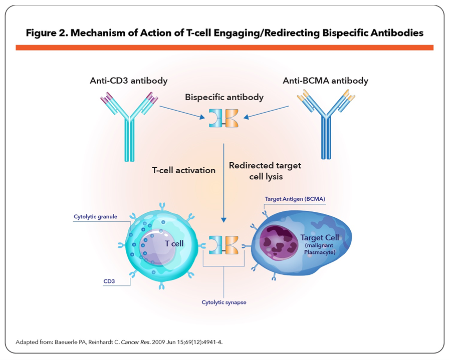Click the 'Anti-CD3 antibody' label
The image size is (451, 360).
click(x=129, y=81)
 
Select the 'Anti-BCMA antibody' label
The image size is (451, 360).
click(x=325, y=81)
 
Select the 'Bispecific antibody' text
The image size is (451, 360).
click(x=224, y=97)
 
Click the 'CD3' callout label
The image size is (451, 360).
click(x=109, y=281)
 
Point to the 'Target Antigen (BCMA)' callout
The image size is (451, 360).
click(x=295, y=199)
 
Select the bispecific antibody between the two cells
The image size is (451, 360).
click(x=224, y=244)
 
